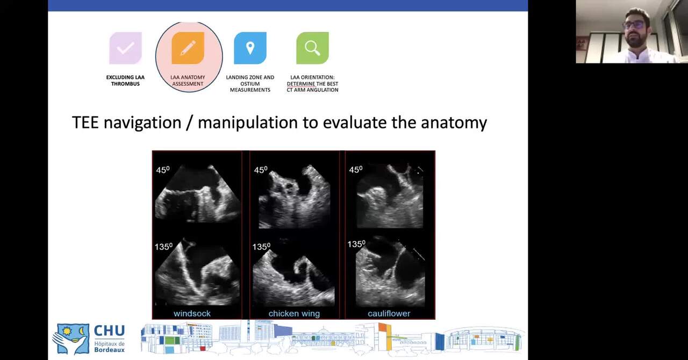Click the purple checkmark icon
tap(125, 48)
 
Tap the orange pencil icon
tap(188, 48)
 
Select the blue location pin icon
tap(250, 48)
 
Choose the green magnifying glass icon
tap(312, 48)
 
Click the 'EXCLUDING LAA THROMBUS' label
tap(125, 81)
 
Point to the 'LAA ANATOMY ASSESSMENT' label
tap(188, 81)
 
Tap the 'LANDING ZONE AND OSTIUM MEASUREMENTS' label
tap(250, 83)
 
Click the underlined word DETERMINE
tap(300, 84)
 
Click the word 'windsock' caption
tap(192, 313)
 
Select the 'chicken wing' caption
tap(294, 313)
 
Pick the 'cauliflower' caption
tap(389, 313)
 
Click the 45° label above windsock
tap(162, 170)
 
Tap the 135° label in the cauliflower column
tap(356, 244)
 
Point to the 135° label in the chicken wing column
tap(261, 247)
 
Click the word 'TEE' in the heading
tap(85, 123)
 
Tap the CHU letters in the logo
tap(109, 331)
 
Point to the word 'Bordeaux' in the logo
tap(109, 350)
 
